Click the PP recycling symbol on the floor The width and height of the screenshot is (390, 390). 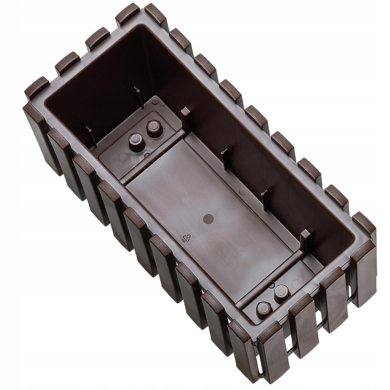coord(186,238)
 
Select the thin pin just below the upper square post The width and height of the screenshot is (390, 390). coord(223,151)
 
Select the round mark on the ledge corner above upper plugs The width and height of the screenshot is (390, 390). coord(155,102)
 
